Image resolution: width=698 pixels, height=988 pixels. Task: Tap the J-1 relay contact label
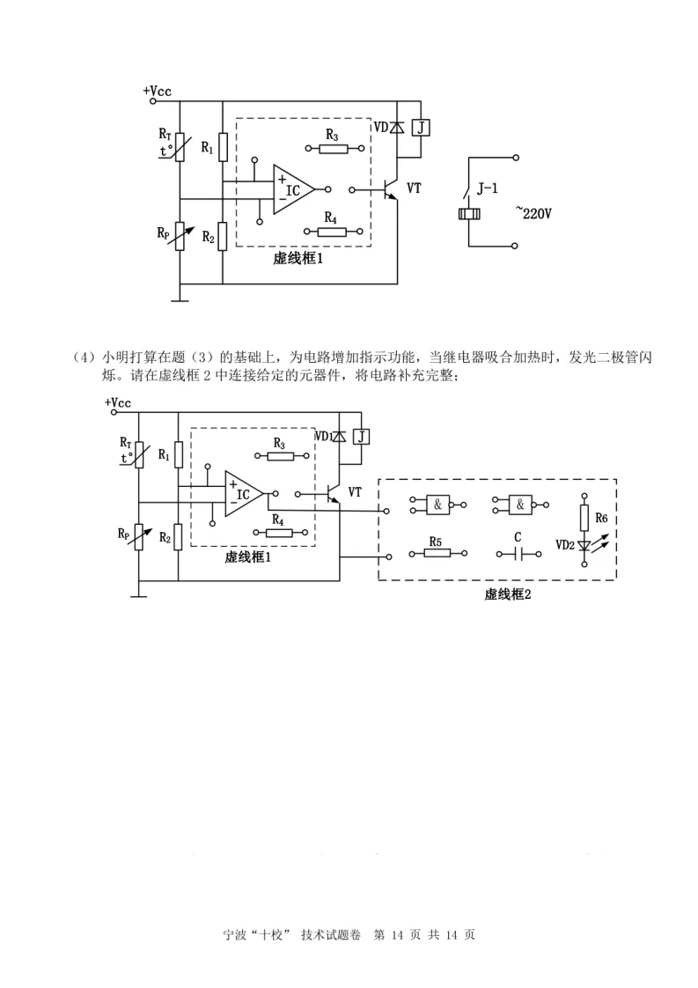(491, 188)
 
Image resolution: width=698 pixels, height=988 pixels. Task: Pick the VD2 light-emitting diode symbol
(583, 547)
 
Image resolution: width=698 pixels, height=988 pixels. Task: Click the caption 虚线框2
(507, 594)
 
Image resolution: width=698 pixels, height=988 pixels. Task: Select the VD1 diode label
(323, 436)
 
